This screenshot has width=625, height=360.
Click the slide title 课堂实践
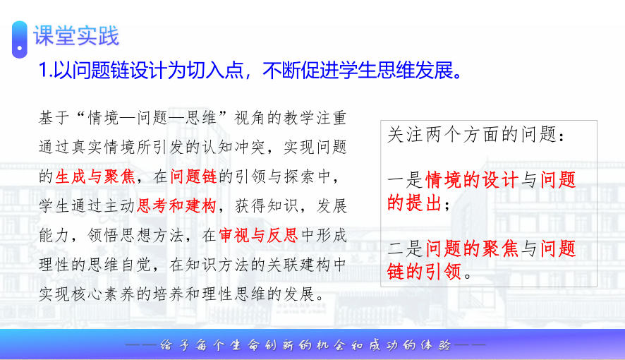pos(76,36)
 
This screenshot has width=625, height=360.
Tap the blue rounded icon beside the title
pos(20,40)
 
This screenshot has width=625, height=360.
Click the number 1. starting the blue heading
pos(45,71)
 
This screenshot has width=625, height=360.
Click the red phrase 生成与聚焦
pos(95,176)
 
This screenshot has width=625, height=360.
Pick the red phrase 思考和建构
pos(176,205)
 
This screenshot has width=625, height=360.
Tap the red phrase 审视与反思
pos(258,235)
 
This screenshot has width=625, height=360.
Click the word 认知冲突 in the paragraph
pos(234,147)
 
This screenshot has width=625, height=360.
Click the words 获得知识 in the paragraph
pos(267,205)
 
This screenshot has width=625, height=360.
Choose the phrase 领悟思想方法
pos(135,235)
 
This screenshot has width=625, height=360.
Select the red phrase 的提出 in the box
pos(415,203)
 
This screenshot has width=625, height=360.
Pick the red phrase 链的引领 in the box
pos(425,272)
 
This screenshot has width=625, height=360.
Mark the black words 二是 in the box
pos(406,248)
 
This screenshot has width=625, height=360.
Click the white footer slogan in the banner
pos(305,345)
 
